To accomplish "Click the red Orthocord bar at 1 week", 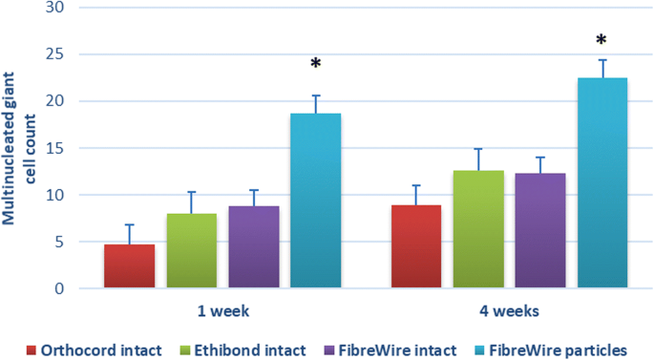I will [x=129, y=266].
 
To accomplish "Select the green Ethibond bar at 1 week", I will [x=192, y=251].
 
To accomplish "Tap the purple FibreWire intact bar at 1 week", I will [x=253, y=247].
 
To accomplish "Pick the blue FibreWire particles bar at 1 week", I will [x=315, y=201].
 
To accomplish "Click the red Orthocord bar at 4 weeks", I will [x=417, y=246].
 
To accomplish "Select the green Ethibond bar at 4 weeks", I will [x=479, y=229].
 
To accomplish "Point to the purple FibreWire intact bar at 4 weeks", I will [x=540, y=230].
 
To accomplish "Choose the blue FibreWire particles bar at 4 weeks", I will [x=602, y=182].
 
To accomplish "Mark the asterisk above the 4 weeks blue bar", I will [x=601, y=41].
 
